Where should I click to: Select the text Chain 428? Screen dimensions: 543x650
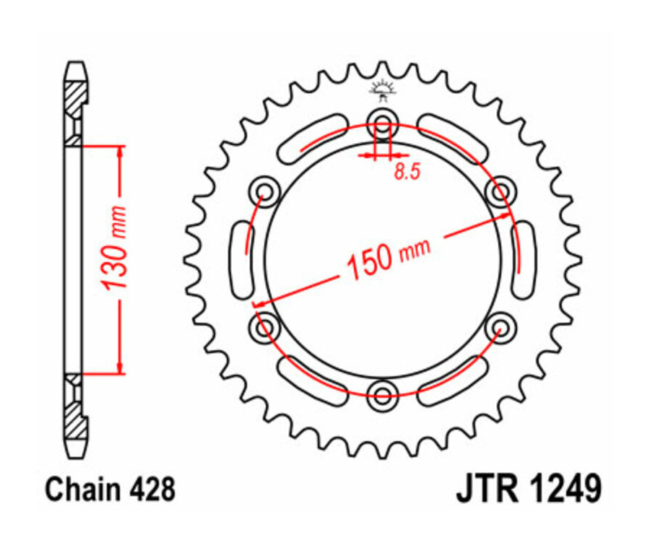[x=110, y=490]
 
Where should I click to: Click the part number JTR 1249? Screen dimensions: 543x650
[x=528, y=490]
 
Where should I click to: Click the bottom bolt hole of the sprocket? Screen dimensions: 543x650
[x=381, y=394]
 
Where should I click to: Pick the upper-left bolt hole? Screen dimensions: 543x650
[x=264, y=192]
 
